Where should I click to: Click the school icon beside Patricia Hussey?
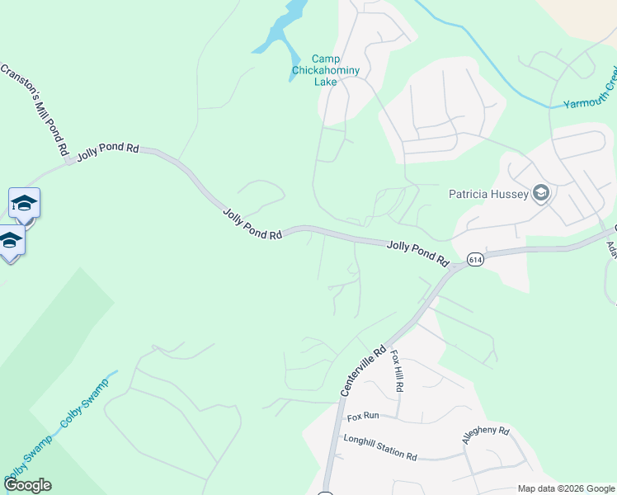(541, 194)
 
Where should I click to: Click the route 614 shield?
(474, 259)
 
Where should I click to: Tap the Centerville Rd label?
(363, 370)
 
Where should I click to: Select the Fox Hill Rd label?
(397, 370)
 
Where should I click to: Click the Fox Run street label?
(362, 417)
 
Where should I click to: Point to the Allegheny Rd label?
(486, 435)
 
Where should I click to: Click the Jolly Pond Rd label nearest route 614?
(417, 252)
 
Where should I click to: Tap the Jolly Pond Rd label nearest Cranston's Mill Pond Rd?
(108, 151)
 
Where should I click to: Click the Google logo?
(27, 485)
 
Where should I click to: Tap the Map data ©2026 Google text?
(565, 488)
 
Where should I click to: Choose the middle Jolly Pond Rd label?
(252, 224)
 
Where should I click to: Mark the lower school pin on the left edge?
(10, 241)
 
